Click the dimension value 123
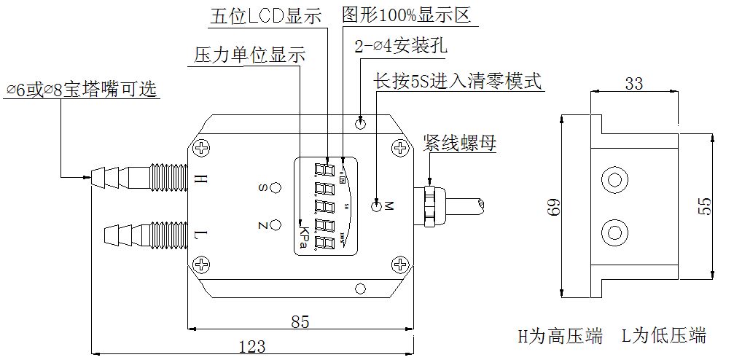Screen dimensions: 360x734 [x=251, y=347]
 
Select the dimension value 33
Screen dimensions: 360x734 [x=634, y=84]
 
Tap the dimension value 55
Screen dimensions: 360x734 [x=704, y=206]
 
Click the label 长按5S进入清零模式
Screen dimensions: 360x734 [x=458, y=81]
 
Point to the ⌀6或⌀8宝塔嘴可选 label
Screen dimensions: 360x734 [x=81, y=90]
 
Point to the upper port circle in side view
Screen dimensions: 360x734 [x=614, y=179]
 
